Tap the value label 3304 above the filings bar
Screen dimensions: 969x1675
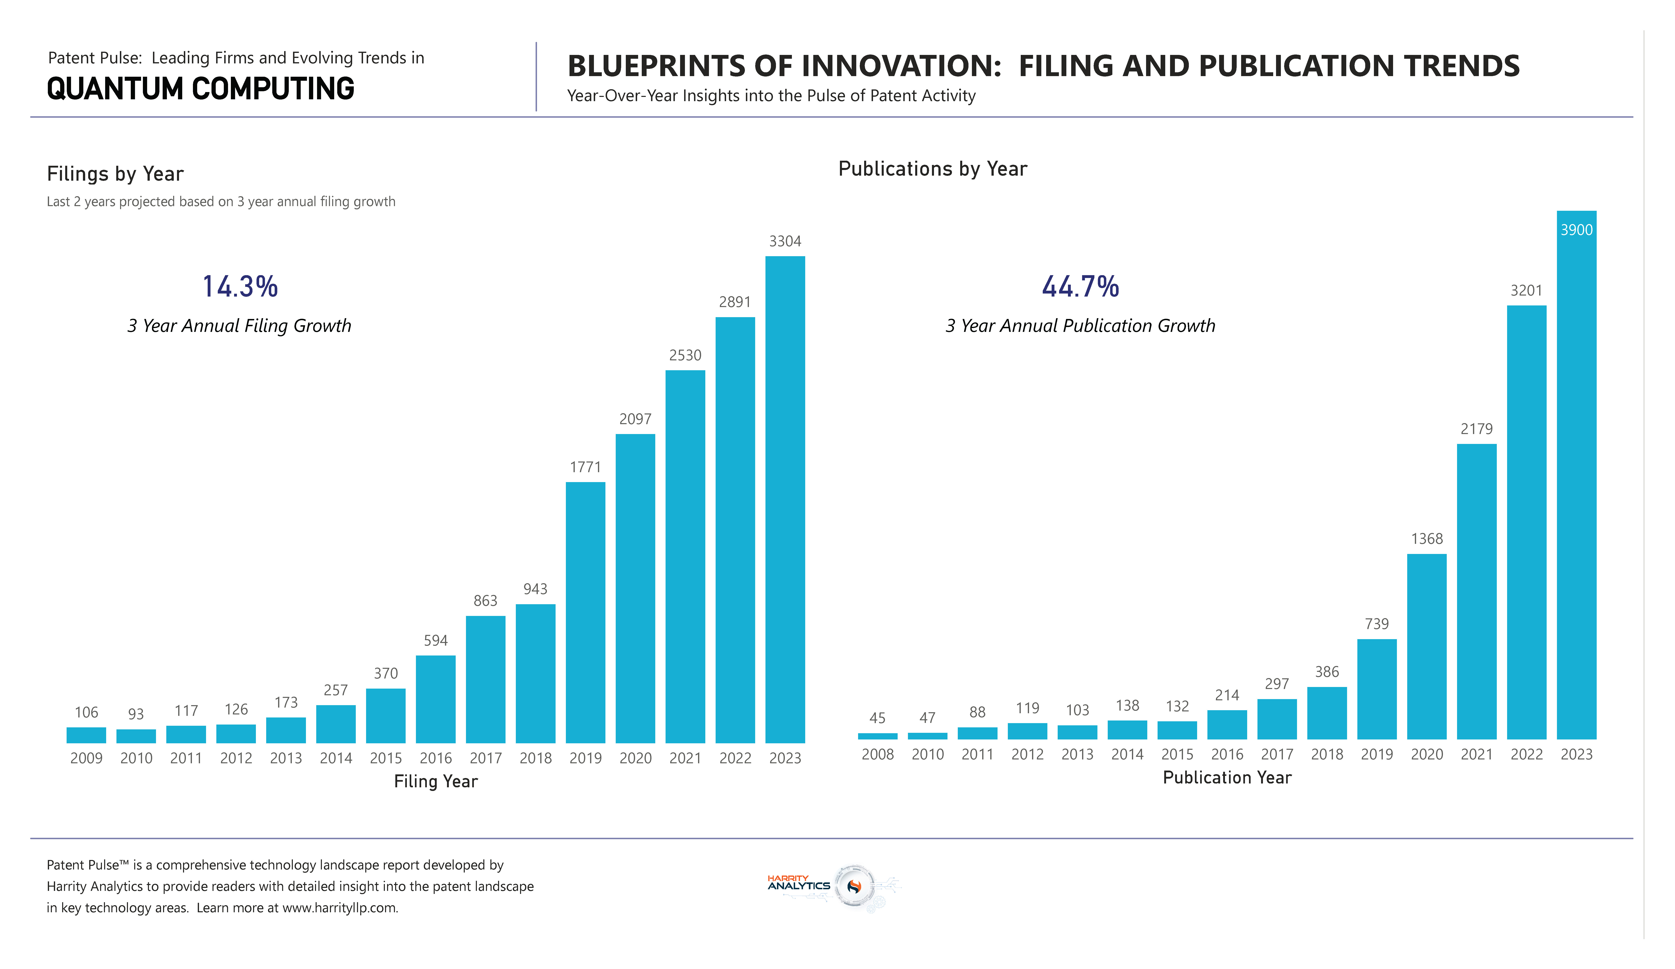coord(785,241)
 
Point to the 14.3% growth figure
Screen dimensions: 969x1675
coord(240,287)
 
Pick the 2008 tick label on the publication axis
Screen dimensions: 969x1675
coord(877,754)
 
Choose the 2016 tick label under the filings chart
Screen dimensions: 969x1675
coord(435,758)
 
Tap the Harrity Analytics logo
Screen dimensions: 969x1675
coord(834,886)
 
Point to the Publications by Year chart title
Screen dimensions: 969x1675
coord(933,169)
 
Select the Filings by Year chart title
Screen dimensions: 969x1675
coord(115,174)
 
